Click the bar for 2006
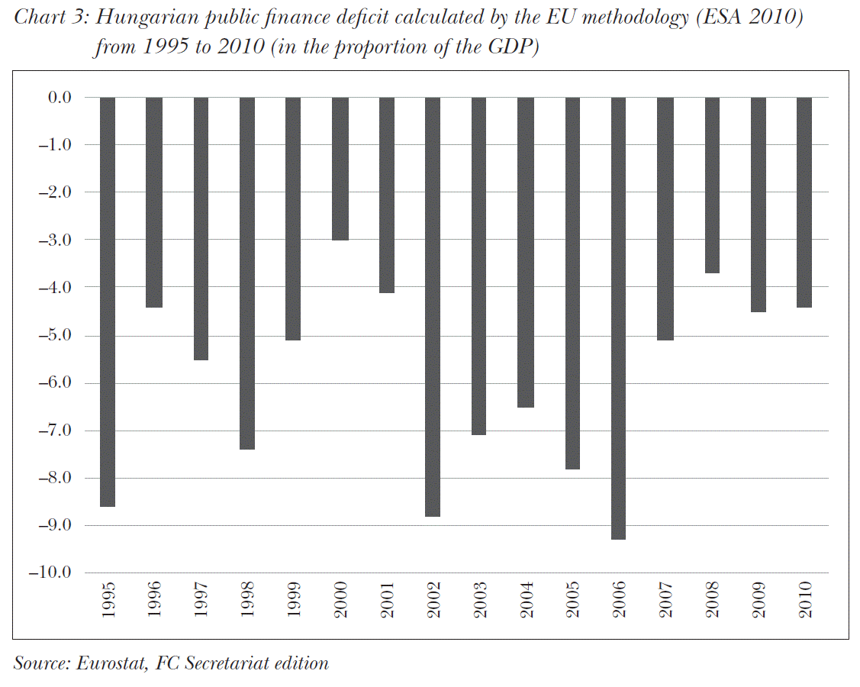click(x=618, y=318)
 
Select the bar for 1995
click(x=108, y=302)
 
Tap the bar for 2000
click(x=340, y=169)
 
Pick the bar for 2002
click(x=433, y=307)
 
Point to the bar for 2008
click(x=711, y=185)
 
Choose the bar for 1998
click(x=247, y=273)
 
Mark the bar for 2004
click(x=525, y=252)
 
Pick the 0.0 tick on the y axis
click(x=60, y=98)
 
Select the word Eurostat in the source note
click(x=110, y=663)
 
